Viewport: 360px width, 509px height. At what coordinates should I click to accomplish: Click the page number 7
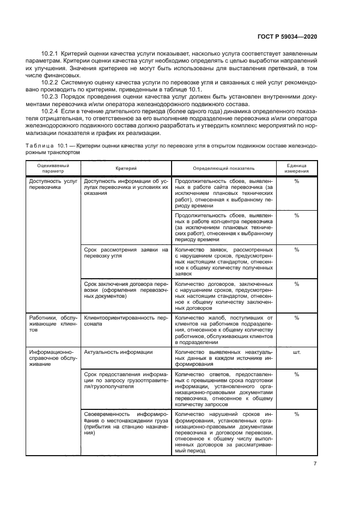pyautogui.click(x=315, y=463)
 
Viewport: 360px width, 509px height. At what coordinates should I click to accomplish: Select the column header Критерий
pyautogui.click(x=126, y=168)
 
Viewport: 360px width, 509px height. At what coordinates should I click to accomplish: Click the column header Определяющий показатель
pyautogui.click(x=223, y=168)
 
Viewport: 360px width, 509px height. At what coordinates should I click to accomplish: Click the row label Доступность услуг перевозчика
pyautogui.click(x=53, y=183)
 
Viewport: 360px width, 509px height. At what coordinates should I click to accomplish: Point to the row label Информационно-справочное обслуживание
pyautogui.click(x=53, y=359)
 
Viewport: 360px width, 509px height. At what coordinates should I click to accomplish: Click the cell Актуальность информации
pyautogui.click(x=118, y=352)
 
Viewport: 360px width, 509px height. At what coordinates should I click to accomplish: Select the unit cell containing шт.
pyautogui.click(x=297, y=352)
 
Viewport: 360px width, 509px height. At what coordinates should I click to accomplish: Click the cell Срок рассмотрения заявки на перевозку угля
pyautogui.click(x=126, y=253)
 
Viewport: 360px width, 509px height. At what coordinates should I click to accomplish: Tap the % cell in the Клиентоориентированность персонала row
pyautogui.click(x=297, y=317)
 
